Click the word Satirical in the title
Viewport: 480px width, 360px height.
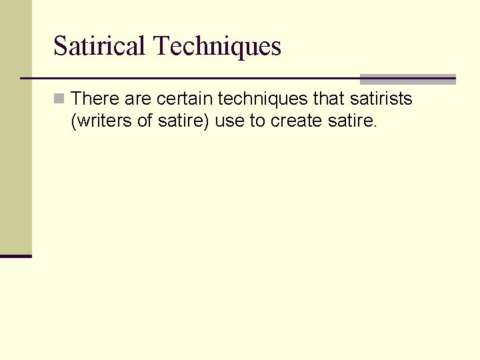point(99,46)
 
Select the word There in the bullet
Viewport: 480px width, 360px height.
point(95,99)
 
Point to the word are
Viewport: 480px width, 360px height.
point(138,99)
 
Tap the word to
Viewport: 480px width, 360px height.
point(257,122)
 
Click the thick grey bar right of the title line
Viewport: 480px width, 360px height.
point(407,79)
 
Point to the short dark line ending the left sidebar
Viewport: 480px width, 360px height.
point(15,256)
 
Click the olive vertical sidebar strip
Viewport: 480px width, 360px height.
point(15,133)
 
